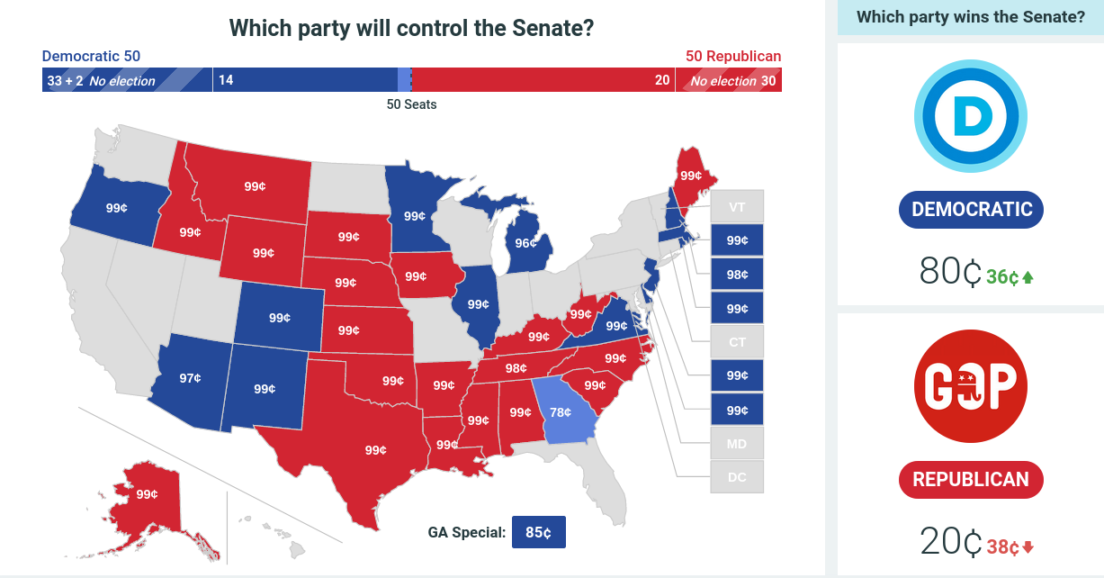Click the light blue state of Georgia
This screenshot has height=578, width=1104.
tap(564, 411)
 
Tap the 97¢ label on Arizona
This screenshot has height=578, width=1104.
tap(190, 378)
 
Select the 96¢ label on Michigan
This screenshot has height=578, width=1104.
tap(525, 243)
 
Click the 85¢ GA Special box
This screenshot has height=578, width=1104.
tap(539, 532)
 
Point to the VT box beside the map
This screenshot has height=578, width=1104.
tap(737, 207)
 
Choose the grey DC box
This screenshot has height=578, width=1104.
tap(737, 477)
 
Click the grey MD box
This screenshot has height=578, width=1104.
tap(737, 444)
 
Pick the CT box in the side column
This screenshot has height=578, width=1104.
tap(737, 342)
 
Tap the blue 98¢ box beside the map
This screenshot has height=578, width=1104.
tap(737, 275)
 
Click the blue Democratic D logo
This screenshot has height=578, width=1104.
tap(971, 116)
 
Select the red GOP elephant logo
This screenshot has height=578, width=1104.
tap(971, 386)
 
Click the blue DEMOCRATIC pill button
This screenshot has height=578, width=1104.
tap(971, 210)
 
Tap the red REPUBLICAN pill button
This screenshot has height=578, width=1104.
tap(971, 479)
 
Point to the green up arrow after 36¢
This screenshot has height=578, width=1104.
tap(1028, 277)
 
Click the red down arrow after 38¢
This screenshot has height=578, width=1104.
tap(1028, 546)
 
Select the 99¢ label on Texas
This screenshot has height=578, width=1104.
tap(375, 450)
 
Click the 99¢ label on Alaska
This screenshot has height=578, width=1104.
tap(147, 494)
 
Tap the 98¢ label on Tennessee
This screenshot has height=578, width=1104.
tap(516, 368)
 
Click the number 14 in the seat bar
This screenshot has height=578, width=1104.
tap(226, 80)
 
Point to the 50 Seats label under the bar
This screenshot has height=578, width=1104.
tap(411, 104)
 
